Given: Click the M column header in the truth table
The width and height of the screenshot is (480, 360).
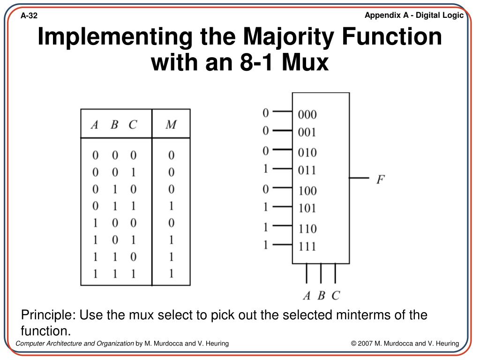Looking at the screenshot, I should [x=171, y=125].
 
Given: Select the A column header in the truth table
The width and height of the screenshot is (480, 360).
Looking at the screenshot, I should [x=95, y=125].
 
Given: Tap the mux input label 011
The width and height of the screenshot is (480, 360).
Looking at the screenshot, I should [x=307, y=170].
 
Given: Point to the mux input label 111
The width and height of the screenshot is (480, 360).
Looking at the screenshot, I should [x=307, y=246].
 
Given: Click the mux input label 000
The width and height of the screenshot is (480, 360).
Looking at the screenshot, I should [x=307, y=114].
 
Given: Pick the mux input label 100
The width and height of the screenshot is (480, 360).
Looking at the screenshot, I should [x=307, y=190].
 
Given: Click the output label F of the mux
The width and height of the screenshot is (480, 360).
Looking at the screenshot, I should [x=380, y=179].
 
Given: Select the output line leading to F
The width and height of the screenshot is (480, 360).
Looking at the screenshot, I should [x=359, y=178].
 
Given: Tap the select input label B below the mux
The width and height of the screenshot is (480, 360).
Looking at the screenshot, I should [x=321, y=295].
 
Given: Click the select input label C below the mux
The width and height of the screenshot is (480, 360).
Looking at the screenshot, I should [x=335, y=295].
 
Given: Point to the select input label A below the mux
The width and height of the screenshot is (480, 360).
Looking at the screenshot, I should [x=307, y=295].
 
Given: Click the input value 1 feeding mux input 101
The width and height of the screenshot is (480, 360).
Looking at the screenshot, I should [x=266, y=206].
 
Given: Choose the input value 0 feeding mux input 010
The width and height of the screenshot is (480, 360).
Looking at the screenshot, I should [x=266, y=150].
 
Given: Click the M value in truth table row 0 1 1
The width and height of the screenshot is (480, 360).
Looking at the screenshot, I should [x=171, y=205].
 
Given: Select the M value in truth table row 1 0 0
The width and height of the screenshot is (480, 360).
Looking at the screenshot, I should [x=171, y=222].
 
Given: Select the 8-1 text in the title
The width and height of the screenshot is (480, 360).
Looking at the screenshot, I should [x=252, y=63].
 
